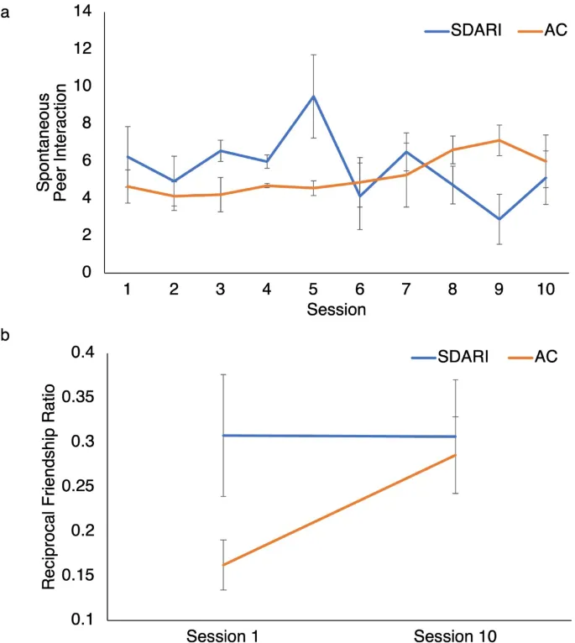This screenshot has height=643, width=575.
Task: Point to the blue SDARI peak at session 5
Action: point(313,96)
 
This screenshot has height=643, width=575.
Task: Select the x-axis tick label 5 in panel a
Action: point(313,290)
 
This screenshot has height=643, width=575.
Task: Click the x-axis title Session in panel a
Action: point(313,309)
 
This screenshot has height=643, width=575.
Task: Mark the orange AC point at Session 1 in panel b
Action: point(222,565)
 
